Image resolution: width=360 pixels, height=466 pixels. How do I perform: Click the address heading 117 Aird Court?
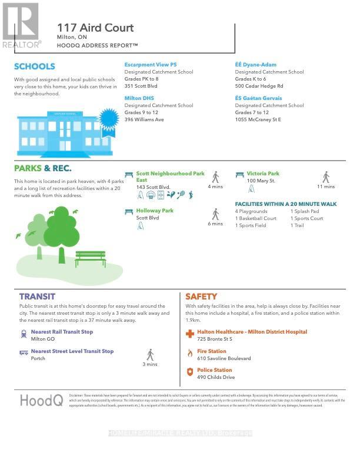(95, 28)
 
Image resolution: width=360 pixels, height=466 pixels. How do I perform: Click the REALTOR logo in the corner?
(21, 25)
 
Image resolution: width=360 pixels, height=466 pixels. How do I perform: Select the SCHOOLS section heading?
(35, 66)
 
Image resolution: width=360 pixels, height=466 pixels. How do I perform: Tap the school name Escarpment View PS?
(151, 65)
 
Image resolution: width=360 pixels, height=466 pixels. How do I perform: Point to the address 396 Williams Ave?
(144, 119)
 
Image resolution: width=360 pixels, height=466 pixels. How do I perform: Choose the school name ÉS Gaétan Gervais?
(259, 98)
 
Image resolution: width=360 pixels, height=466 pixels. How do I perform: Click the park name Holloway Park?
(155, 210)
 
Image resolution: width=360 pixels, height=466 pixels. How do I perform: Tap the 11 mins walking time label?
(326, 187)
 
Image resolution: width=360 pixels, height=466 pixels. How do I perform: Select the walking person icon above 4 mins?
(215, 177)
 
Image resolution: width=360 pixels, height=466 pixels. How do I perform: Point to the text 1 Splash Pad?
(305, 211)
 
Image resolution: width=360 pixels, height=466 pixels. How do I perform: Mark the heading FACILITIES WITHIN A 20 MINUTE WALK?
(286, 204)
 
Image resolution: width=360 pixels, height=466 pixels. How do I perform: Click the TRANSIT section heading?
(37, 297)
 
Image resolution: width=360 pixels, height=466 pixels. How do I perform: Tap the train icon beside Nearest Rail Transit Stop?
(24, 334)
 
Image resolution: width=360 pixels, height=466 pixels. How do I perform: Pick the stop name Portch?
(38, 358)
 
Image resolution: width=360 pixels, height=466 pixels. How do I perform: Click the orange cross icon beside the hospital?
(189, 334)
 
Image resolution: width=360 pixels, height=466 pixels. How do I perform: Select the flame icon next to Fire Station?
(189, 353)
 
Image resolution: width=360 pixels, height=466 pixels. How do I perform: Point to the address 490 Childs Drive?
(216, 377)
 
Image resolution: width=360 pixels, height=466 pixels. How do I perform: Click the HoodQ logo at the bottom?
(41, 400)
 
